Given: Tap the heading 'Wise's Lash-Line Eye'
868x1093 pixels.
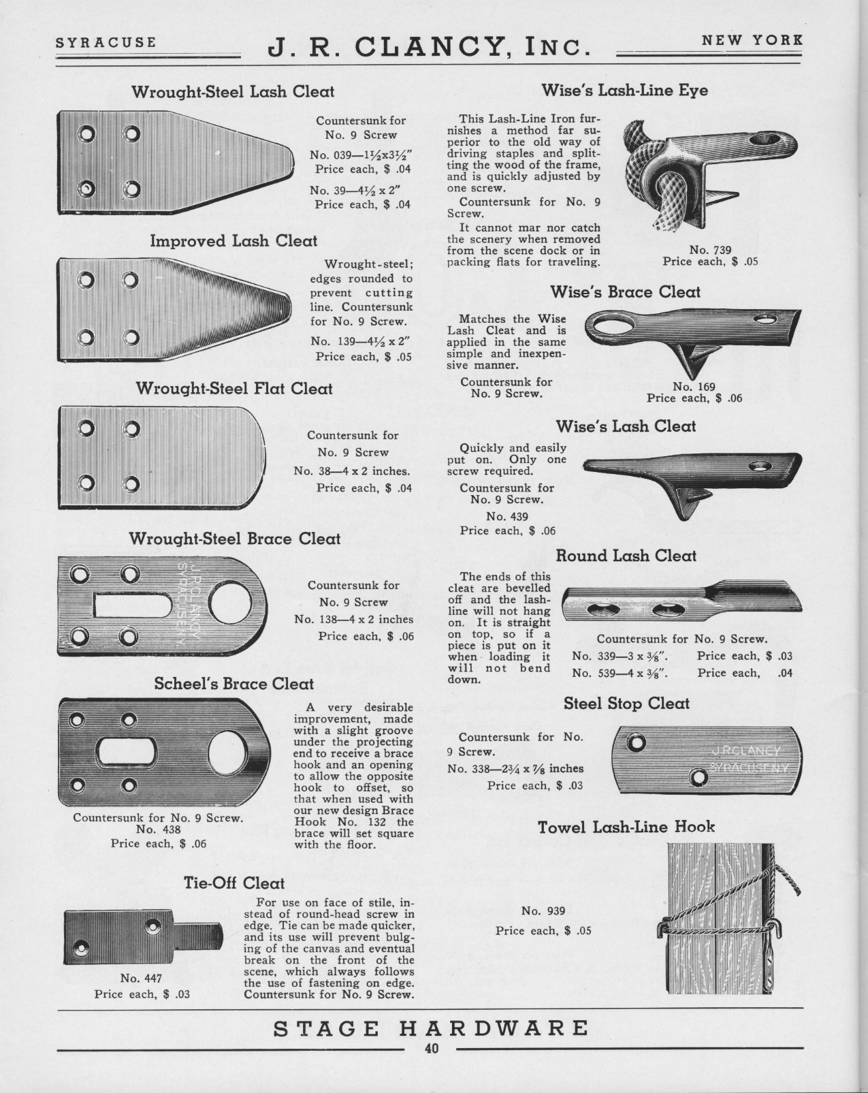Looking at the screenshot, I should (x=624, y=90).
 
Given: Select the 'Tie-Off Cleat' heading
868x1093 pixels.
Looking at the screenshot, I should (x=234, y=883).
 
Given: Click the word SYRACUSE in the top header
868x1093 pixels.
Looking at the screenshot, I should (x=106, y=42).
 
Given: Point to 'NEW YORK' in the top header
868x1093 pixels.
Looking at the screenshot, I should (x=752, y=39).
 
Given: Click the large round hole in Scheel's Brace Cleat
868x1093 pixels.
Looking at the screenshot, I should (x=229, y=753).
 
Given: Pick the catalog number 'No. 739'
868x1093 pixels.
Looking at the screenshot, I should (x=709, y=250).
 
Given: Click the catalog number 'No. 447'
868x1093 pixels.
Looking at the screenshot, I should (x=141, y=979).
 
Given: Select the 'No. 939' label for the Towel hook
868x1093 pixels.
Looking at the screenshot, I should (x=543, y=911).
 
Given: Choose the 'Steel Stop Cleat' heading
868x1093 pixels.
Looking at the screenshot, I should (x=626, y=703).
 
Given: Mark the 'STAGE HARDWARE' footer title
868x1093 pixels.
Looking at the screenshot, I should (x=431, y=1028).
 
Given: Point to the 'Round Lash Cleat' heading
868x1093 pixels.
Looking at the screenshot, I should (x=626, y=556).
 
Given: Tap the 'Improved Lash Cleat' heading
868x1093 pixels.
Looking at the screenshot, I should (x=234, y=241).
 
